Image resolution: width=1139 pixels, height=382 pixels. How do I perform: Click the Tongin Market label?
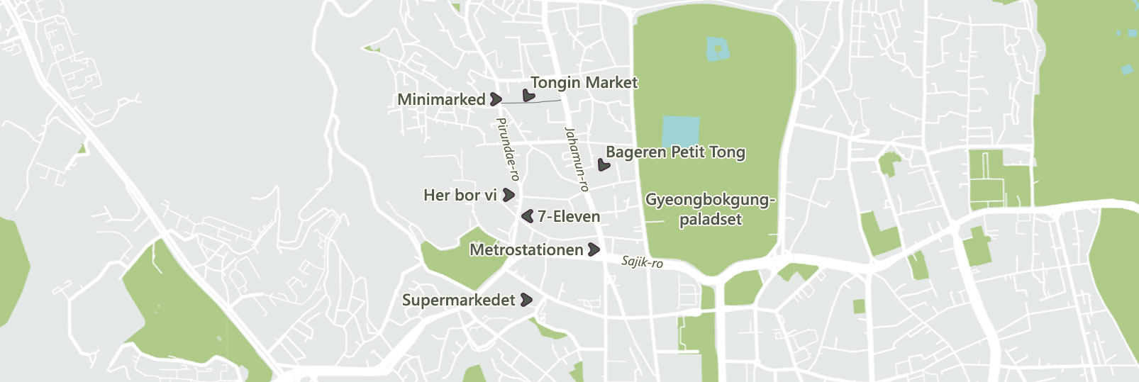tap(584, 83)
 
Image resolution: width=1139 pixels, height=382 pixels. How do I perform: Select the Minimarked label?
tap(441, 100)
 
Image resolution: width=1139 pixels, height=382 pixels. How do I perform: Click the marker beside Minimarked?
tap(496, 100)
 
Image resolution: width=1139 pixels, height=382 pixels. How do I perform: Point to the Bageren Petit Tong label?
tap(675, 152)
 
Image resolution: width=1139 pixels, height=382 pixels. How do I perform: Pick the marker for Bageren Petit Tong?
tap(604, 165)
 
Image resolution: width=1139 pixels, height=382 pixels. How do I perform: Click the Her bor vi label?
tap(460, 195)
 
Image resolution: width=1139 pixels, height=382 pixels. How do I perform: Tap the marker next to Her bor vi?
tap(509, 195)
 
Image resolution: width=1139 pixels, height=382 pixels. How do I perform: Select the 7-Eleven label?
tap(569, 216)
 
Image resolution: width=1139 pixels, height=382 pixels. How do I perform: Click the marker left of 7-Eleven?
tap(527, 216)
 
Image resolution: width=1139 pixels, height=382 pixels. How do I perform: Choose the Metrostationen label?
tap(526, 249)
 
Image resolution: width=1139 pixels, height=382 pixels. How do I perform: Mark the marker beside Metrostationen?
tap(594, 249)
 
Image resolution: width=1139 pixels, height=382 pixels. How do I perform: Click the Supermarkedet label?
tap(458, 300)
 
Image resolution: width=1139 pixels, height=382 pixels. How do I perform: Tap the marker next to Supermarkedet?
tap(526, 300)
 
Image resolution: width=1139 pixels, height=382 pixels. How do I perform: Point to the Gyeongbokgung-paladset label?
tap(710, 209)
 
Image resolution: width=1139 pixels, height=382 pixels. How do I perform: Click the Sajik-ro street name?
tap(642, 262)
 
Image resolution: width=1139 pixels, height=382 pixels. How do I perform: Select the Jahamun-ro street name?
tap(577, 159)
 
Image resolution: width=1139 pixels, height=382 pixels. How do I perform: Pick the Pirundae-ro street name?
tap(508, 149)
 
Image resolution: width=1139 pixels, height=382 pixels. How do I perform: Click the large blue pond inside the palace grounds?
tap(680, 132)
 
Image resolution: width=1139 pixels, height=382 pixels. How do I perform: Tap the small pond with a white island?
tap(718, 49)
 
